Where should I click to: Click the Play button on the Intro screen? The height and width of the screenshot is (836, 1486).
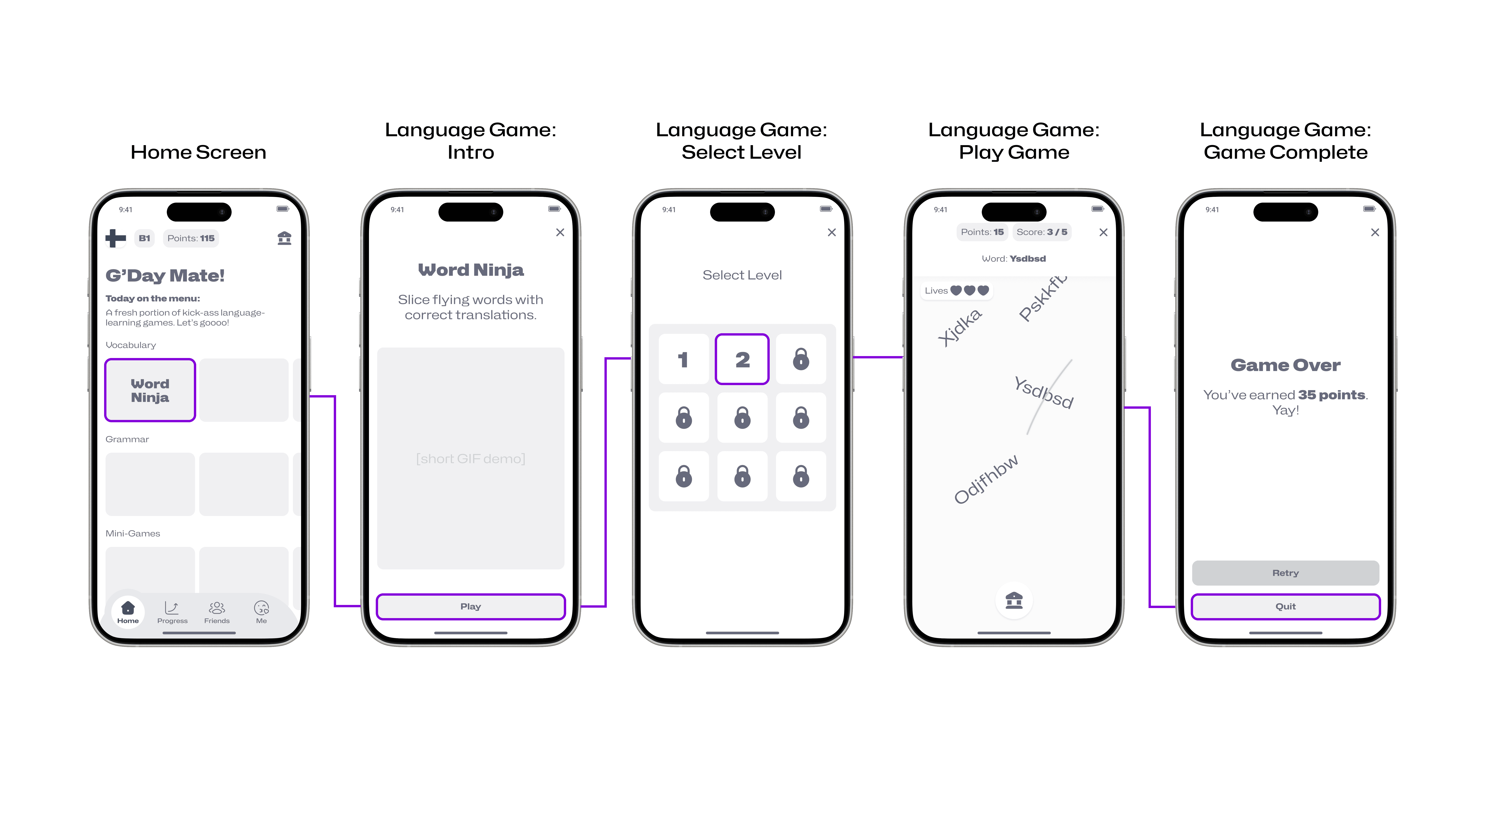click(471, 606)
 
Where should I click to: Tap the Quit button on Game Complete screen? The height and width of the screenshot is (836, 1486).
click(1286, 606)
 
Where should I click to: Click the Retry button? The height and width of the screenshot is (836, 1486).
click(1286, 573)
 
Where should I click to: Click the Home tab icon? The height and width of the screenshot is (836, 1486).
click(128, 607)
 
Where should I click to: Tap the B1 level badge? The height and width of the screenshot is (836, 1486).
click(144, 238)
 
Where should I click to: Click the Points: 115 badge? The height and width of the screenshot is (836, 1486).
click(191, 238)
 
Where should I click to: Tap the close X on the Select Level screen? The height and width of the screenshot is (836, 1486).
click(832, 232)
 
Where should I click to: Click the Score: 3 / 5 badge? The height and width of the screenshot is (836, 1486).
click(1042, 232)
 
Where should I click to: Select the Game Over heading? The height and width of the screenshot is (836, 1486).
click(1286, 365)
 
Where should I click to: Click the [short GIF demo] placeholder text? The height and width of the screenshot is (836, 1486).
click(471, 459)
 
